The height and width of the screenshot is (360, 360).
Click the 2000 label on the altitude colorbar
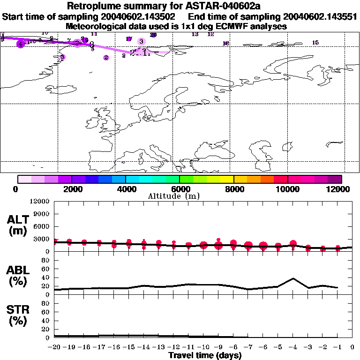click(72, 189)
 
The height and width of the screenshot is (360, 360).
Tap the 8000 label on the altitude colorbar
click(233, 189)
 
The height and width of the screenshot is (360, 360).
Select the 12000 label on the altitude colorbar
click(339, 189)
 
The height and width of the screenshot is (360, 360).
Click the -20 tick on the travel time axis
click(54, 347)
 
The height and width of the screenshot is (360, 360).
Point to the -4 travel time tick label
click(293, 347)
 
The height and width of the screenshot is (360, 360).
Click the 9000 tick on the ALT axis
click(41, 214)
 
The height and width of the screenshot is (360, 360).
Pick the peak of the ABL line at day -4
click(293, 278)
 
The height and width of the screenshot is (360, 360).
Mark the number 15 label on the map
click(315, 43)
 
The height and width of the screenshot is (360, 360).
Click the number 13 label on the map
click(195, 34)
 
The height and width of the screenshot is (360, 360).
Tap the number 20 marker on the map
click(153, 35)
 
